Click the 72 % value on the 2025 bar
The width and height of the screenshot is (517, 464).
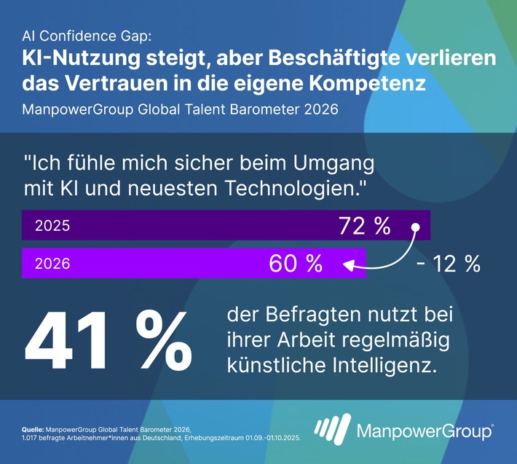point(364,226)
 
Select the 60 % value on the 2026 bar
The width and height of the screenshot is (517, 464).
point(296,264)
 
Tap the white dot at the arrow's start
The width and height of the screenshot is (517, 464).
point(416,227)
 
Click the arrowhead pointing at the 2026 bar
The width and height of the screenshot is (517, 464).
point(349,265)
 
